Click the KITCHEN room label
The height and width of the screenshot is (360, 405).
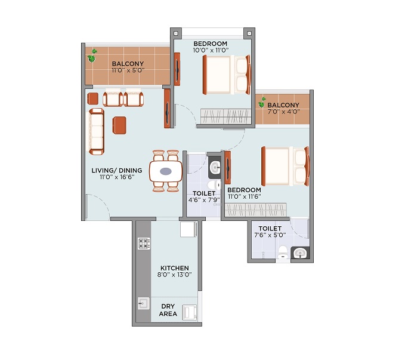point(175,268)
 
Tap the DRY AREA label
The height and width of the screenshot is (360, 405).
point(168,310)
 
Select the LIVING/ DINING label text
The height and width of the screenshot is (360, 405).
point(117,170)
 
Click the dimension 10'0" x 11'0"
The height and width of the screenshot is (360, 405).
point(211,50)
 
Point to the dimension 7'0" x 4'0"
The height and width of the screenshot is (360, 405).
point(283,112)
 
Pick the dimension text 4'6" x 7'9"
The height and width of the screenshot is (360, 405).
point(204,200)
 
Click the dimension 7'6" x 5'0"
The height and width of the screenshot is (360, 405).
point(270,235)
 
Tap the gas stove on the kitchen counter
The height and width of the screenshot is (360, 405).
point(144,244)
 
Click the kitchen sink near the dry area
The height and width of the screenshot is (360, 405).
point(144,303)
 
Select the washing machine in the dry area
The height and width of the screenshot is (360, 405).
point(190,312)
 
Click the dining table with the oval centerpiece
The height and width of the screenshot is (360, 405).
point(166,171)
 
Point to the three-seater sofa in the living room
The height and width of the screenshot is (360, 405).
point(97,131)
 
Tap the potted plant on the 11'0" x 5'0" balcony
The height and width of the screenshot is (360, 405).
point(92,56)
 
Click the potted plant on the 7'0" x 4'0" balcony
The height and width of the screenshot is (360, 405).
point(262,103)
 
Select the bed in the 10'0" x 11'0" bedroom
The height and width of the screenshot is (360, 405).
point(227,75)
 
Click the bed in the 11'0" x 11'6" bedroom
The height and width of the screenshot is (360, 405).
point(285,167)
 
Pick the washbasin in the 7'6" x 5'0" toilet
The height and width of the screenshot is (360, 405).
point(300,253)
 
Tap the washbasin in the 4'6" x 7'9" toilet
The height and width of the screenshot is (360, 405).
point(215,167)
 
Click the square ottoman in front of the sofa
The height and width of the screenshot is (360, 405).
point(119,125)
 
